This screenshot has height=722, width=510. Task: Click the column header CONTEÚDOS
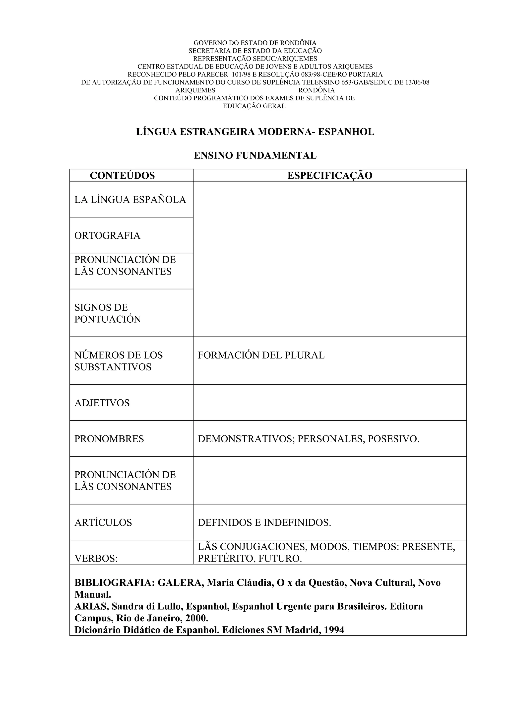tap(122, 175)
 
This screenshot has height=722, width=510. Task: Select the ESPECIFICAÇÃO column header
tap(330, 175)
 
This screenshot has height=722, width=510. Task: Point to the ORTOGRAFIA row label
tap(107, 235)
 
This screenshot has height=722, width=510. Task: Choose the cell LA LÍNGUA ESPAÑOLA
tap(130, 200)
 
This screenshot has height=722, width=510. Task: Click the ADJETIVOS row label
tap(102, 403)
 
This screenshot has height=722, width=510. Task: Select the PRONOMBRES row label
tap(109, 439)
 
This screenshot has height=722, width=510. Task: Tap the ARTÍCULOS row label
tap(103, 522)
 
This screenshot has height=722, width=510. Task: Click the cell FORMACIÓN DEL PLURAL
tap(261, 355)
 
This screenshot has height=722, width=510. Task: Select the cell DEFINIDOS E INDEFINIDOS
tap(264, 522)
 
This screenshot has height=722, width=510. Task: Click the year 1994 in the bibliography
tap(334, 630)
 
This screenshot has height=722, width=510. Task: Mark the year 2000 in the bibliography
tap(196, 618)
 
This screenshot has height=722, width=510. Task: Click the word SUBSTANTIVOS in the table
tap(113, 367)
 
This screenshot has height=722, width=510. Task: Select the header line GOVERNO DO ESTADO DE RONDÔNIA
tap(255, 43)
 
